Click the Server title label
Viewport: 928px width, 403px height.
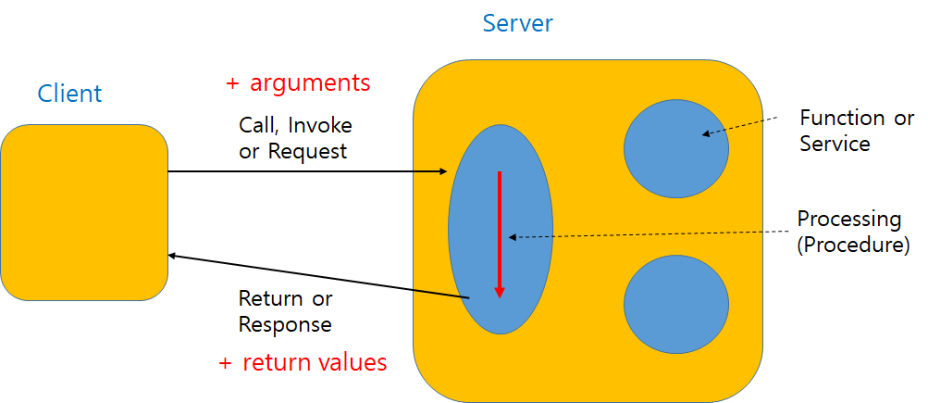[517, 23]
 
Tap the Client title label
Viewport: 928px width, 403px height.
[69, 94]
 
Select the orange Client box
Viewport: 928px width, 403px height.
[83, 212]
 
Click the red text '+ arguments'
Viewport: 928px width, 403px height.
[298, 83]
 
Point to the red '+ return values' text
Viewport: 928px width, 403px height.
[303, 362]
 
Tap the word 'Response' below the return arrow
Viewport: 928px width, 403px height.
[285, 324]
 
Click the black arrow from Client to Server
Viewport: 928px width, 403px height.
[305, 171]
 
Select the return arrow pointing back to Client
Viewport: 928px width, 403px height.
[315, 275]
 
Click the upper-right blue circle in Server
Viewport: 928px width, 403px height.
[675, 147]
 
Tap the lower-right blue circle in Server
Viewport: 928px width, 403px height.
[675, 304]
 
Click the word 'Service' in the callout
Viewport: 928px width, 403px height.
[835, 144]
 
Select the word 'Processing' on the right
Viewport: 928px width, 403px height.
[848, 220]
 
